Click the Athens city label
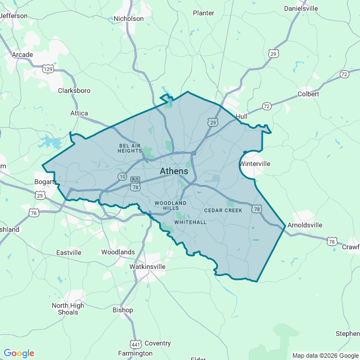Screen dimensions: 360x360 (x=174, y=171)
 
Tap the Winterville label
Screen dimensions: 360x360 (x=255, y=164)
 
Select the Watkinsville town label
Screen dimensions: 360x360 (x=147, y=266)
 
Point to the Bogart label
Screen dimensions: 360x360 (x=44, y=182)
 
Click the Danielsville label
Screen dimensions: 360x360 (x=301, y=8)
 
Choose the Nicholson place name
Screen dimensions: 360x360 (x=129, y=19)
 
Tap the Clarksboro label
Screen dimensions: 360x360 (x=74, y=90)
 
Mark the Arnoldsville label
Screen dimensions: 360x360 (x=305, y=225)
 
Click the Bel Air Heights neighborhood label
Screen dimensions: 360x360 (x=130, y=148)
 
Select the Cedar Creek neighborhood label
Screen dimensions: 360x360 (x=223, y=210)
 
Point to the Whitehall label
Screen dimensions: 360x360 (x=190, y=222)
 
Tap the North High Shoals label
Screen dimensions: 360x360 (x=68, y=309)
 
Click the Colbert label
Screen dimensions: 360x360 (x=308, y=94)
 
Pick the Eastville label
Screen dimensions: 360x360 (x=69, y=253)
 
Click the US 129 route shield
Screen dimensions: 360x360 (x=48, y=69)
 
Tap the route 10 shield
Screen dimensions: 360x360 (x=122, y=177)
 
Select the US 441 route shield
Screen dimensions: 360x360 (x=136, y=344)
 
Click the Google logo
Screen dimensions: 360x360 (x=19, y=353)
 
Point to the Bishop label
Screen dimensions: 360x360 (x=123, y=310)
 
